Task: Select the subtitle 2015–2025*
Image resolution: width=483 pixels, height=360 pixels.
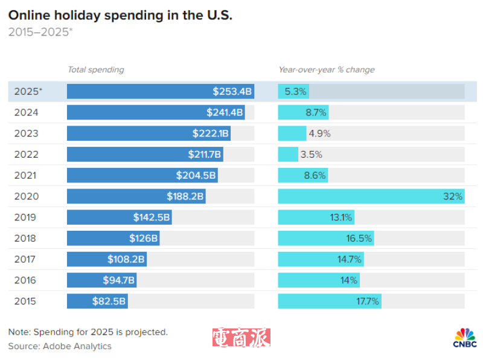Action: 40,32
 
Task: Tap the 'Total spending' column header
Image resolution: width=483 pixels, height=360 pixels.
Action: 95,69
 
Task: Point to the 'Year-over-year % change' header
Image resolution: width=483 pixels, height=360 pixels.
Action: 326,69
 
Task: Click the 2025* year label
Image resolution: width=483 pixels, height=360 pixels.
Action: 28,91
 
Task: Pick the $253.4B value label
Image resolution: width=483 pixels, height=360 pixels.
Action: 232,92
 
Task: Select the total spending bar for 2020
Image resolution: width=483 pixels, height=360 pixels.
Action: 136,196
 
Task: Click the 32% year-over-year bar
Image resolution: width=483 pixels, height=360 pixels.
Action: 371,196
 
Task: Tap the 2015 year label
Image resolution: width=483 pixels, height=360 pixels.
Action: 25,301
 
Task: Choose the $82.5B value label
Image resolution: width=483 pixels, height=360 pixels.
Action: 109,301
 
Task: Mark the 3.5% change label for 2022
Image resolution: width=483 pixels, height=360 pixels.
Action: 311,155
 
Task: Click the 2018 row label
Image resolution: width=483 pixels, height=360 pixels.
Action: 25,238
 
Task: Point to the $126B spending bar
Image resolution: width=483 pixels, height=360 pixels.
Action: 112,238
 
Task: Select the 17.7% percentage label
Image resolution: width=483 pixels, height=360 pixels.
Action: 367,301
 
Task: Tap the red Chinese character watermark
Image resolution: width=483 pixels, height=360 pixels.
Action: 241,338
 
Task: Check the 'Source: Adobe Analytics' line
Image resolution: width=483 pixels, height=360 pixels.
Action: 60,346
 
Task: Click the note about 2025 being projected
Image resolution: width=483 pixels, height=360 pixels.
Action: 88,332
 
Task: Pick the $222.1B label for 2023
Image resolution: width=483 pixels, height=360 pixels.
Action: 210,133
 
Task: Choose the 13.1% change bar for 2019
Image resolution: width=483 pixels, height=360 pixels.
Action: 316,217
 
